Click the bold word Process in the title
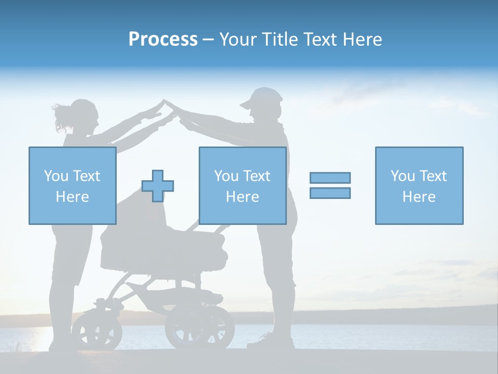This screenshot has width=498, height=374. (163, 39)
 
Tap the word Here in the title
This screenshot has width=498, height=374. (361, 39)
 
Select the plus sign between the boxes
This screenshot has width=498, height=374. (158, 185)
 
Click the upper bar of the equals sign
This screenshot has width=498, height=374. (330, 178)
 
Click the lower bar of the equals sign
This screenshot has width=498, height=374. (330, 193)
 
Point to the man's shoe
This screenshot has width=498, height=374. (270, 342)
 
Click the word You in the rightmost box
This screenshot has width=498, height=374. (402, 176)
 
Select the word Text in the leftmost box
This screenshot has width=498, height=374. (86, 176)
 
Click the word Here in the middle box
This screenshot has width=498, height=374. (242, 197)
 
